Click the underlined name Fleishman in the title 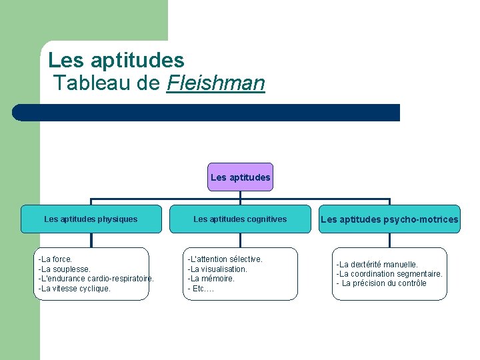click(x=216, y=83)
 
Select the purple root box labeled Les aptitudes click(x=240, y=177)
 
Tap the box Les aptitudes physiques click(x=91, y=219)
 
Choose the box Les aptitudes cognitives click(x=240, y=219)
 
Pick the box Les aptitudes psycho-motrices click(x=389, y=219)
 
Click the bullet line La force click(x=56, y=259)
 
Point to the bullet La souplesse click(x=65, y=269)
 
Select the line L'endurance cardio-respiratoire click(x=96, y=279)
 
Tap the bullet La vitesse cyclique click(x=75, y=289)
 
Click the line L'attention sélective click(x=225, y=259)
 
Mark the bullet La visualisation click(x=217, y=269)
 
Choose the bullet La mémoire click(x=211, y=279)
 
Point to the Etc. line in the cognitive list click(x=201, y=289)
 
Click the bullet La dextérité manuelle click(x=377, y=264)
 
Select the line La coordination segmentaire click(x=389, y=274)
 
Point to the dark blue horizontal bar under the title click(x=207, y=113)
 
